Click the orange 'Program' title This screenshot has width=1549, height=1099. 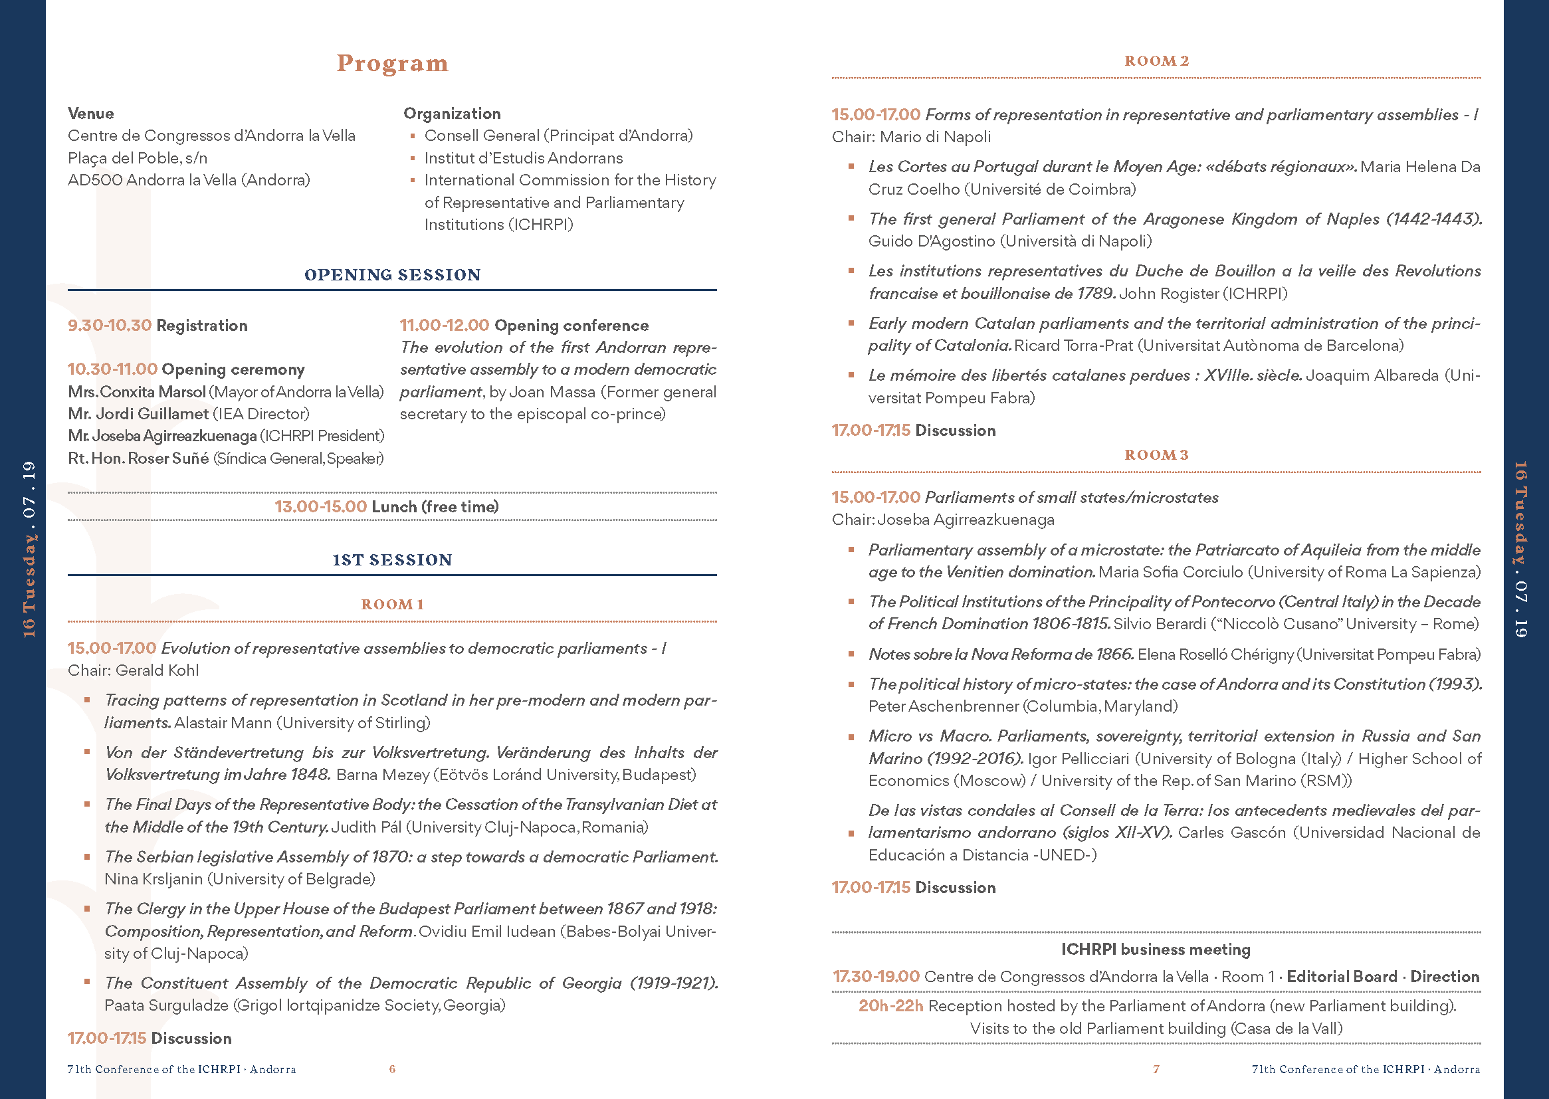coord(393,64)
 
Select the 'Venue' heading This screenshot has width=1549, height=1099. coord(90,114)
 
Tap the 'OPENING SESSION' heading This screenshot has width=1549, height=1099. coord(393,275)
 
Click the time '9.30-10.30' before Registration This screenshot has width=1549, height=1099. coord(110,326)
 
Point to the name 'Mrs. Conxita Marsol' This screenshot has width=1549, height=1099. coord(137,392)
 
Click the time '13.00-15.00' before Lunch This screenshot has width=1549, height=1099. coord(321,507)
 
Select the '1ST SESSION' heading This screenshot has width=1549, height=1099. coord(393,560)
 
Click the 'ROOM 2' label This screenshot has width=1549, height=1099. coord(1156,61)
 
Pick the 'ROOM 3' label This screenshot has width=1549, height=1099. coord(1156,455)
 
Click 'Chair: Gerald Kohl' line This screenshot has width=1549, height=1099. coord(134,670)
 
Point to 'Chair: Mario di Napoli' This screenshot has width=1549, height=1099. coord(911,138)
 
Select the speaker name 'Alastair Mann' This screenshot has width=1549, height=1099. coord(223,723)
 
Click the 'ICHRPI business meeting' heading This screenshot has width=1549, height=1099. coord(1156,949)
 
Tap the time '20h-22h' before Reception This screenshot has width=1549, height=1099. coord(890,1006)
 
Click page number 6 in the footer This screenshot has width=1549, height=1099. coord(393,1069)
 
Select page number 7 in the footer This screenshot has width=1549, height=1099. coord(1156,1069)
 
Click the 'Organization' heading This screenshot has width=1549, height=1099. coord(452,114)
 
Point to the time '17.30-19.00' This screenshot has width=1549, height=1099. coord(876,977)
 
